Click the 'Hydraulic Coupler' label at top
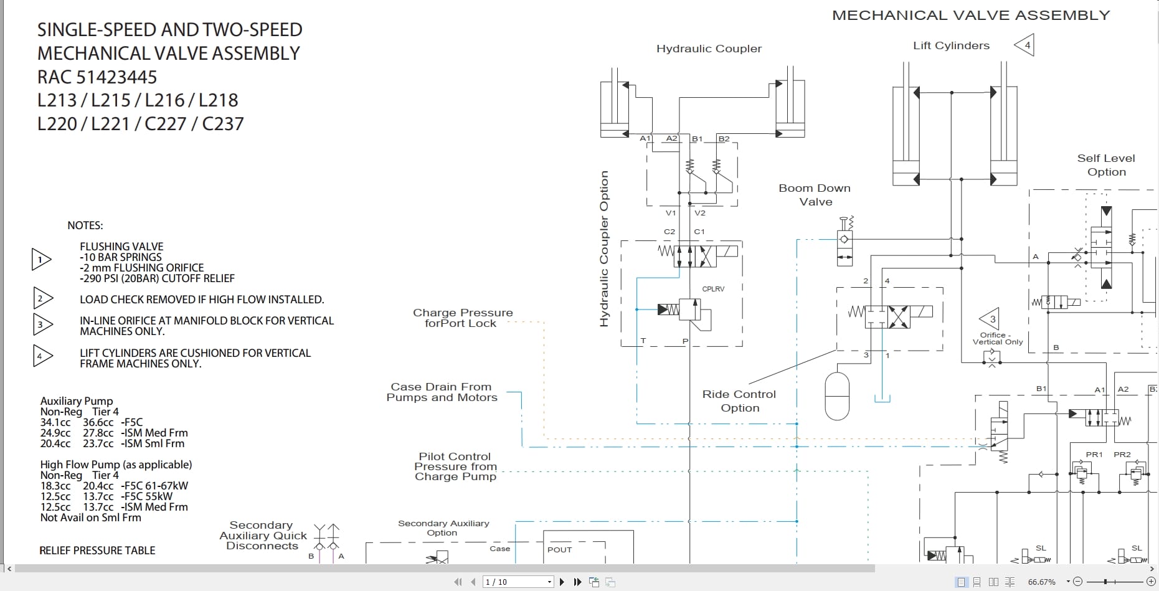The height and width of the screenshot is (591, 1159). [709, 49]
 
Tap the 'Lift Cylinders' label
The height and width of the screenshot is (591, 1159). [951, 45]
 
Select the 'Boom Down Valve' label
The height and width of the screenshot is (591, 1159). [815, 195]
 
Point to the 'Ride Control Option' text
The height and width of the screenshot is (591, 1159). [739, 401]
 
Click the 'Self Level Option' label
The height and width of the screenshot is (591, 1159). [1106, 165]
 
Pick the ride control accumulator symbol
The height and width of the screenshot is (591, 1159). [837, 396]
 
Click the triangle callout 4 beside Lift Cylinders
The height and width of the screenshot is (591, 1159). [1025, 45]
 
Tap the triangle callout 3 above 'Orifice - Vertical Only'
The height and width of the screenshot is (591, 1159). [991, 319]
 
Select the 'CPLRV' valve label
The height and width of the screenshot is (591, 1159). [713, 289]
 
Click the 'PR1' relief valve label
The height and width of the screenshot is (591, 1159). [1094, 455]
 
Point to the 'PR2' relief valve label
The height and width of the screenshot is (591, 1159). [1122, 455]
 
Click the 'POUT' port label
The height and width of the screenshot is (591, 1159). [559, 550]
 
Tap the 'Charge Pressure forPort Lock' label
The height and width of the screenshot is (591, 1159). [462, 318]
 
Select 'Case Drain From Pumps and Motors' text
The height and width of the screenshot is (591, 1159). [442, 392]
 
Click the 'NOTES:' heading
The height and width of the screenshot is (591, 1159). [85, 225]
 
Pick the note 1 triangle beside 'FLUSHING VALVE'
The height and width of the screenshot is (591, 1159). [40, 259]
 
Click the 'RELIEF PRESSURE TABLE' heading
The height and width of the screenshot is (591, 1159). [97, 551]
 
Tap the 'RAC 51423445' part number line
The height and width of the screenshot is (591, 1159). [97, 77]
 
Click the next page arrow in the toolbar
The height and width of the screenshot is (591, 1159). [562, 582]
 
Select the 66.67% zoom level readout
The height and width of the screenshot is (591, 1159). [1041, 582]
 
